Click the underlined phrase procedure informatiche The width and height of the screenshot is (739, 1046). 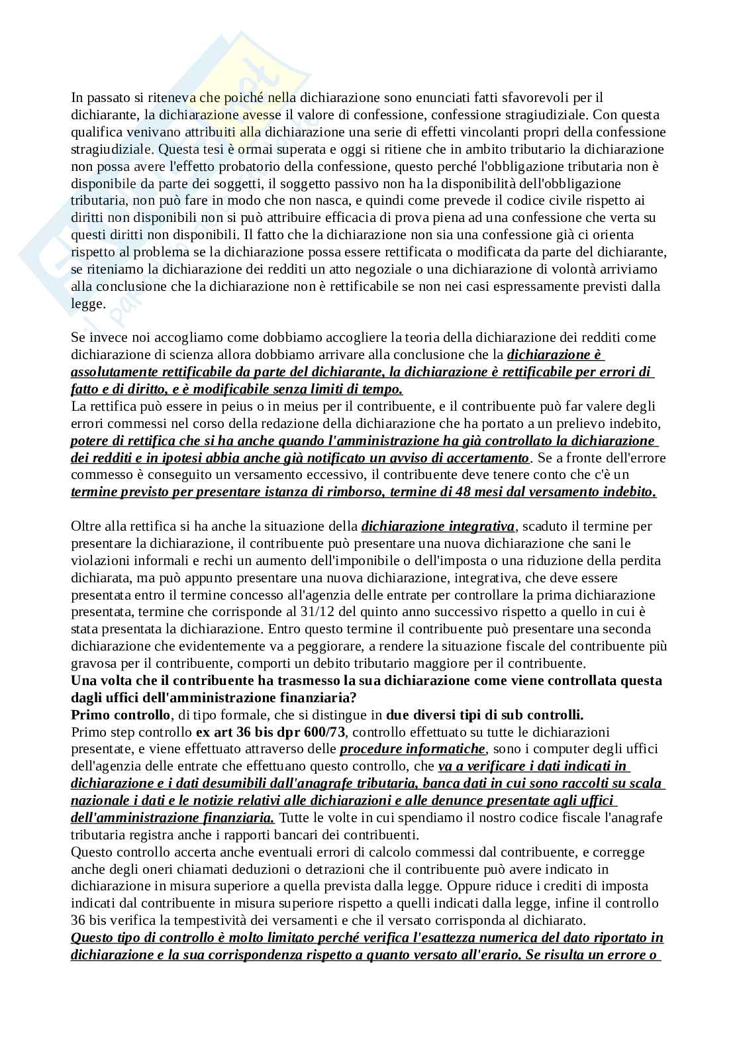click(412, 749)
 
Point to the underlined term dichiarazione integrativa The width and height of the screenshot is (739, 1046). click(438, 526)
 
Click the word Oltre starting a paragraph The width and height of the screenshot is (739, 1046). click(87, 526)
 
